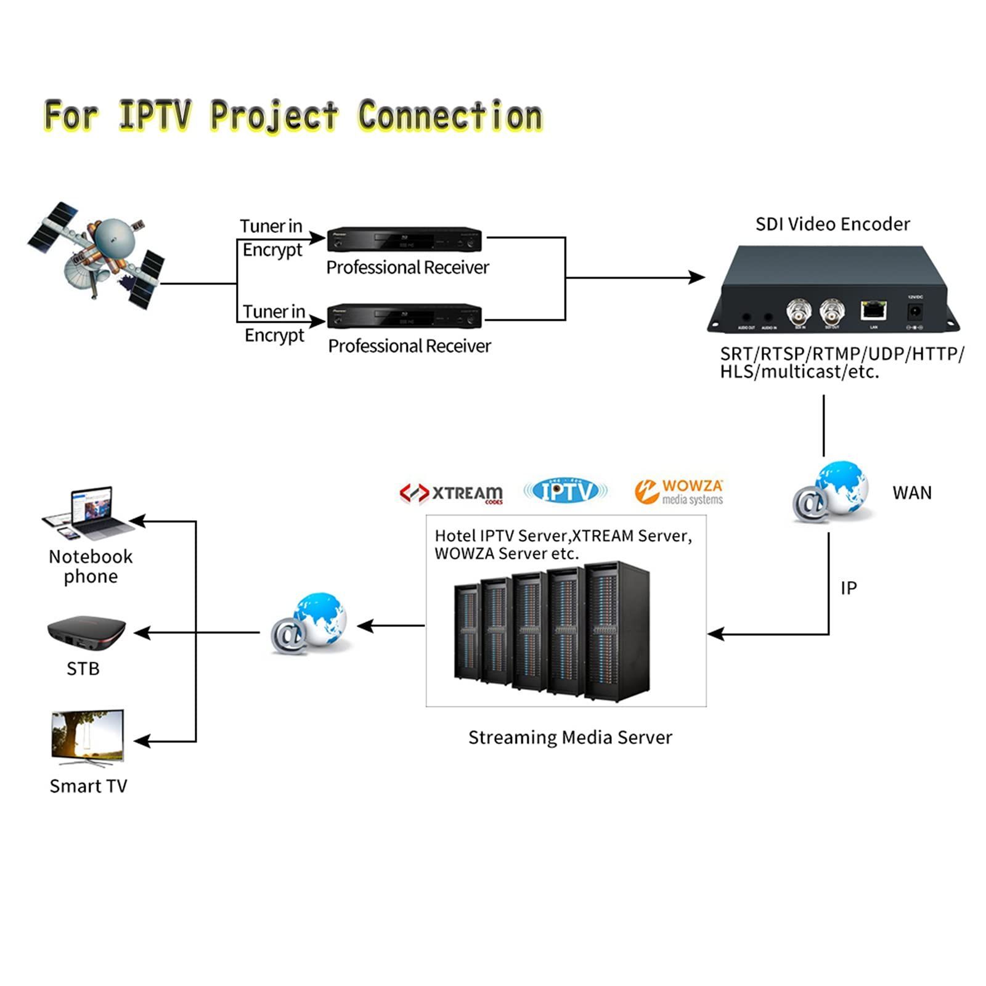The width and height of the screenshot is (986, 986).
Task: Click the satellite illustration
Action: point(97,255)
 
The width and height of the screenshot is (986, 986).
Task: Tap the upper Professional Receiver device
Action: point(404,239)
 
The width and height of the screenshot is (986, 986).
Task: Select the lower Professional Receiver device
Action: point(404,317)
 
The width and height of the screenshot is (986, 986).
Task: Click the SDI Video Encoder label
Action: point(833,224)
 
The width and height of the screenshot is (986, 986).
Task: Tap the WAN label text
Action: point(912,493)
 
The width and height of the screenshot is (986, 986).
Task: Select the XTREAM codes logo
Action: point(452,493)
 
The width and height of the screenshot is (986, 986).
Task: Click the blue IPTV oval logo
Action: point(565,491)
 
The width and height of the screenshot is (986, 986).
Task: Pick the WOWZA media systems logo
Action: point(679,492)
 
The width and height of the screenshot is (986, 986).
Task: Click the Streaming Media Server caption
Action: point(570,738)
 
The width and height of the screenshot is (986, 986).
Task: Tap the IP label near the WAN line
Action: point(849,589)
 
